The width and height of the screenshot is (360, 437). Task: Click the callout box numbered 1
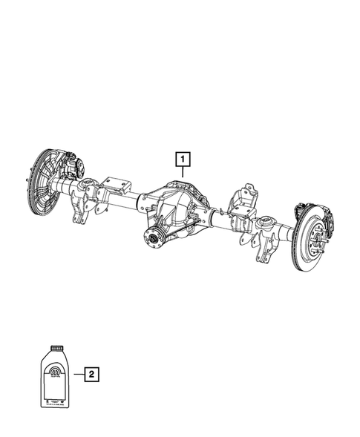click(x=182, y=158)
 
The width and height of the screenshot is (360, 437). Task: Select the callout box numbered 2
click(x=91, y=375)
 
